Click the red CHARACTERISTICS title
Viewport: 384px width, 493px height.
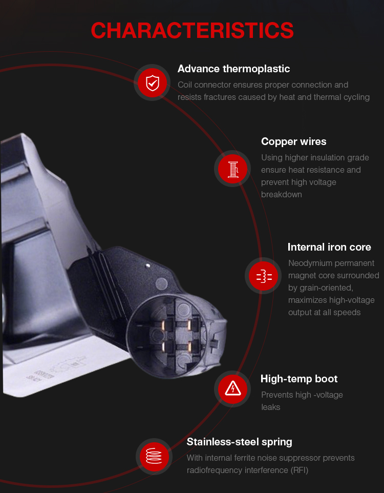click(x=192, y=31)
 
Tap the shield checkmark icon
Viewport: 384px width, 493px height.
click(x=153, y=83)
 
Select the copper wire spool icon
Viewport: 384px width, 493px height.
click(x=232, y=169)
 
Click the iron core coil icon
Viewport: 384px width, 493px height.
click(x=264, y=276)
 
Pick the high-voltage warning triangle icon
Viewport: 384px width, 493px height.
click(x=233, y=388)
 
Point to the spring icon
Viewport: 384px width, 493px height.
click(x=154, y=456)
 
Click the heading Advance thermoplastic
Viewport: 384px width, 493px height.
click(x=233, y=69)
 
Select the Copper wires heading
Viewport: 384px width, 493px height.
click(x=293, y=141)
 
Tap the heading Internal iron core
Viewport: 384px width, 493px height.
click(x=329, y=247)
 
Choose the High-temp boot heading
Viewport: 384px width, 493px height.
click(x=299, y=379)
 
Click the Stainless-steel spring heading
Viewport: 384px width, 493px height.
click(x=239, y=442)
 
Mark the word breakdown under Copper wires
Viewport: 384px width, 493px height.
click(x=281, y=195)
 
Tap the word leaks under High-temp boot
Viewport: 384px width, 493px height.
click(x=270, y=407)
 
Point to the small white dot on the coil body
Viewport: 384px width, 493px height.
click(x=147, y=265)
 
